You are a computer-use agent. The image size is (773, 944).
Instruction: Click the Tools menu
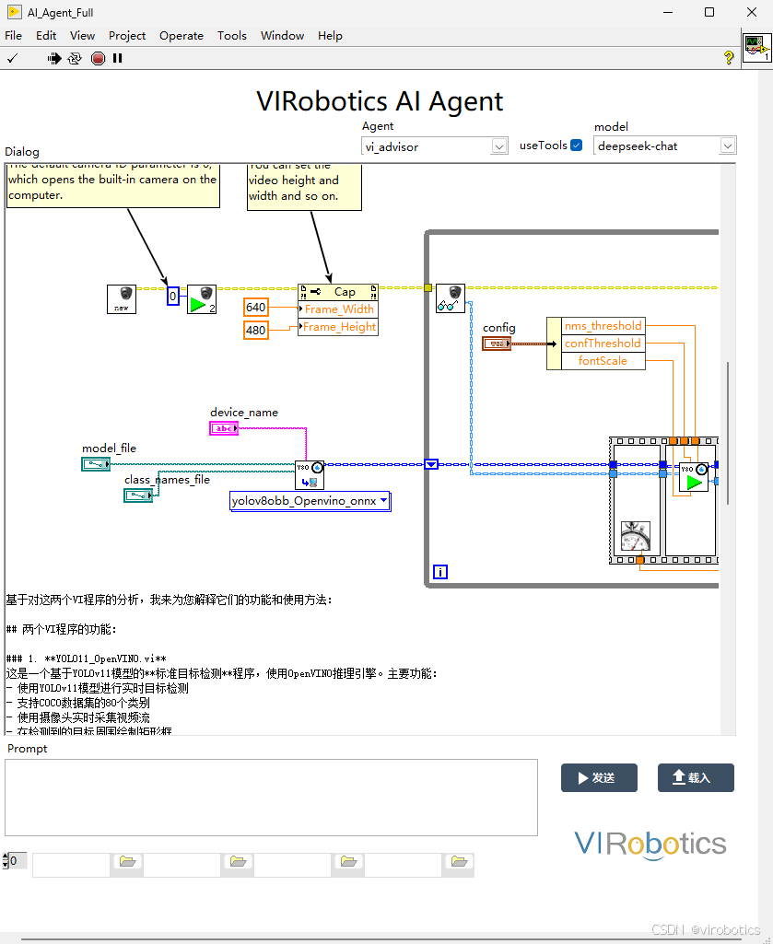pos(231,36)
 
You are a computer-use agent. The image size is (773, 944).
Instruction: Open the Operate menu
pos(181,36)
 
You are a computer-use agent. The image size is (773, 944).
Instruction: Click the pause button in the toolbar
pos(118,58)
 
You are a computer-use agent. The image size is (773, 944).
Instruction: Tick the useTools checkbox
pos(577,146)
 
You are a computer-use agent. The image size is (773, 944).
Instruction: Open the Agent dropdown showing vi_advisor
pos(434,146)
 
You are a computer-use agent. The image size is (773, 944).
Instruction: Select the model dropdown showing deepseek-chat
pos(664,146)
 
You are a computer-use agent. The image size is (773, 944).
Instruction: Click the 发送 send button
pos(598,777)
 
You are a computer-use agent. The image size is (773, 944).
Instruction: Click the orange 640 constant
pos(255,308)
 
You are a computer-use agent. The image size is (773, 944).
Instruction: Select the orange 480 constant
pos(255,330)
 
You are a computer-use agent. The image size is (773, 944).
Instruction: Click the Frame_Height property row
pos(338,327)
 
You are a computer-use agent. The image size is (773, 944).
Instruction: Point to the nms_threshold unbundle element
pos(603,326)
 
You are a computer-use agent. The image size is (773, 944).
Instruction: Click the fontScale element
pos(603,361)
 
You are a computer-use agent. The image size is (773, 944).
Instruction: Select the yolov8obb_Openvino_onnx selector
pos(310,501)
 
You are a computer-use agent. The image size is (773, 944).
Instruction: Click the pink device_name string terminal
pos(223,428)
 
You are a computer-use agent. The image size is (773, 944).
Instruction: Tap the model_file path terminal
pos(95,464)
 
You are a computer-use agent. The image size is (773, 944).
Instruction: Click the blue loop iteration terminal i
pos(440,572)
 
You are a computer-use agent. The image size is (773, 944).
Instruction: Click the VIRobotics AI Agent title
pos(380,100)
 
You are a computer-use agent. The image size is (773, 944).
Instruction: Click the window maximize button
pos(709,12)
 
